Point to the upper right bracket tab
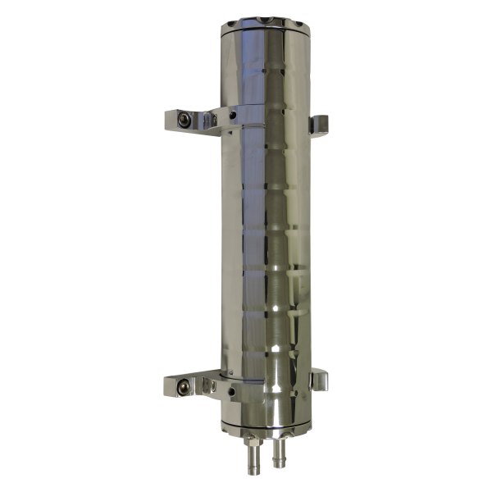tap(319, 125)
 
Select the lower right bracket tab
tap(319, 380)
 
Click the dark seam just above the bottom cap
tap(266, 424)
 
